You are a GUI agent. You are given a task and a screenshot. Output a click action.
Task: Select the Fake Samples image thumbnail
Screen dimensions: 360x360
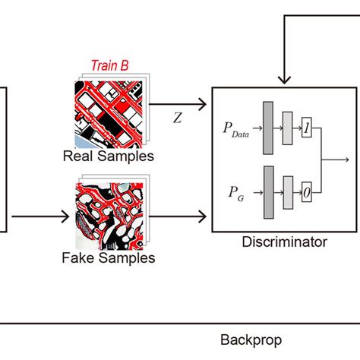[107, 213]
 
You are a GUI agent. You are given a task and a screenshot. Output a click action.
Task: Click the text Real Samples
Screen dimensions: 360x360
[108, 156]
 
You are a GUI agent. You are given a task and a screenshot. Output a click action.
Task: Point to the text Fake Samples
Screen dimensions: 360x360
[108, 258]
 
